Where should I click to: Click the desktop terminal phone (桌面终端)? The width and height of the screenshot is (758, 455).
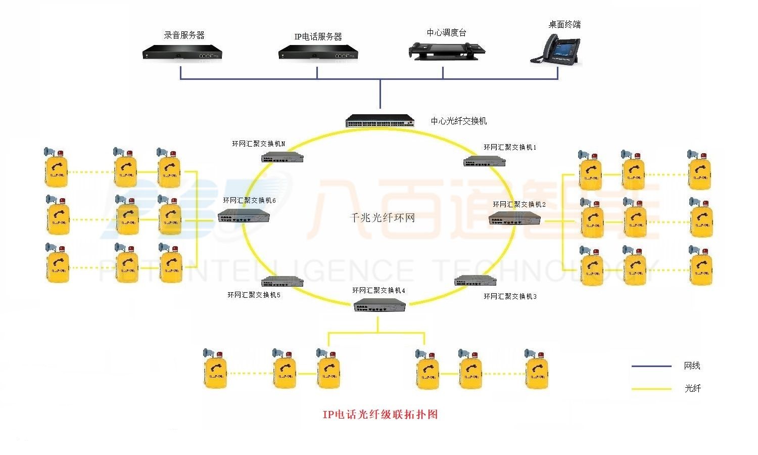click(556, 51)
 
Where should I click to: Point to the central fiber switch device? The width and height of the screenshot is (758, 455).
click(380, 121)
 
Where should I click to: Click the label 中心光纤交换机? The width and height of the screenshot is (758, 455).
click(459, 121)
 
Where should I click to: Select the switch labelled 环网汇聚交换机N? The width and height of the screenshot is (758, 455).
click(282, 157)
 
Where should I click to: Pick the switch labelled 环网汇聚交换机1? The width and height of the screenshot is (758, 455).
click(485, 161)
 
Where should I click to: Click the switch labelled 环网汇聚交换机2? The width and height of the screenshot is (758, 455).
click(514, 218)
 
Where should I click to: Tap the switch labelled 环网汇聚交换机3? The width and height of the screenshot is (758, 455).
click(476, 281)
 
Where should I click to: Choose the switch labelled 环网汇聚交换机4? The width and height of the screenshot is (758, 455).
click(380, 305)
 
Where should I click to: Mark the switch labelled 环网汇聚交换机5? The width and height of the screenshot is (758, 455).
click(282, 282)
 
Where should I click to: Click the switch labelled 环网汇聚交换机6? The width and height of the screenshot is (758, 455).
click(244, 217)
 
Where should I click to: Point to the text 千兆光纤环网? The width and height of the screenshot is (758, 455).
click(383, 218)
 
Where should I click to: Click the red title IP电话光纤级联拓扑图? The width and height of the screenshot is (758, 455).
click(380, 415)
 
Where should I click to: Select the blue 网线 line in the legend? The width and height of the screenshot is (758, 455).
click(651, 366)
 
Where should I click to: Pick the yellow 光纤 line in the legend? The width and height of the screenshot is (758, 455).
click(651, 389)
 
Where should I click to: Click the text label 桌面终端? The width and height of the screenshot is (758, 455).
click(564, 24)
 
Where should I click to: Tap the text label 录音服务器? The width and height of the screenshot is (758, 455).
click(184, 35)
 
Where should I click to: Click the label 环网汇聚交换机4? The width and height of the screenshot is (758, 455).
click(378, 291)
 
